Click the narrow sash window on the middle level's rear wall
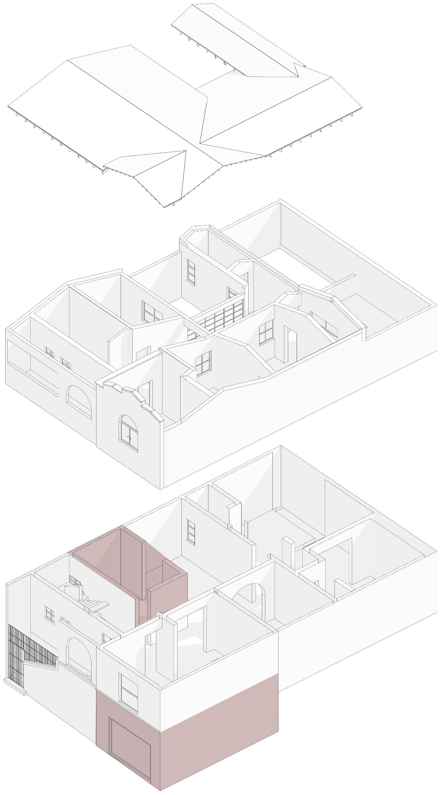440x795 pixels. [x=191, y=272]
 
